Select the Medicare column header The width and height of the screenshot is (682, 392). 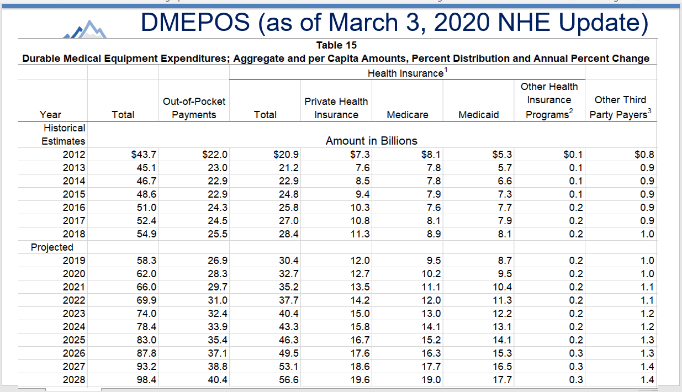pyautogui.click(x=407, y=115)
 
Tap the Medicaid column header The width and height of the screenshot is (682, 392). pyautogui.click(x=478, y=115)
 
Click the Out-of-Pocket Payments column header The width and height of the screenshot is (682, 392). pyautogui.click(x=194, y=108)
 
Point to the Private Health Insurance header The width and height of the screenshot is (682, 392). pyautogui.click(x=336, y=108)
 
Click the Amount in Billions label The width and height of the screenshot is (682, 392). pyautogui.click(x=371, y=141)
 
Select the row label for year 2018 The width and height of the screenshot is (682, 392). pyautogui.click(x=74, y=234)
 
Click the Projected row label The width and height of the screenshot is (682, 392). pyautogui.click(x=52, y=247)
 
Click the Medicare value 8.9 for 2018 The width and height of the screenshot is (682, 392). pyautogui.click(x=433, y=234)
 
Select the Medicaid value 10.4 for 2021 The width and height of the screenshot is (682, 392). pyautogui.click(x=502, y=287)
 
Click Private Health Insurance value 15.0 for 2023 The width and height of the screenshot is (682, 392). pyautogui.click(x=360, y=314)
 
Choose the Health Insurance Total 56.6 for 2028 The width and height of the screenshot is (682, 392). pyautogui.click(x=289, y=380)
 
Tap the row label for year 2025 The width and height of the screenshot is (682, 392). pyautogui.click(x=74, y=340)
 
